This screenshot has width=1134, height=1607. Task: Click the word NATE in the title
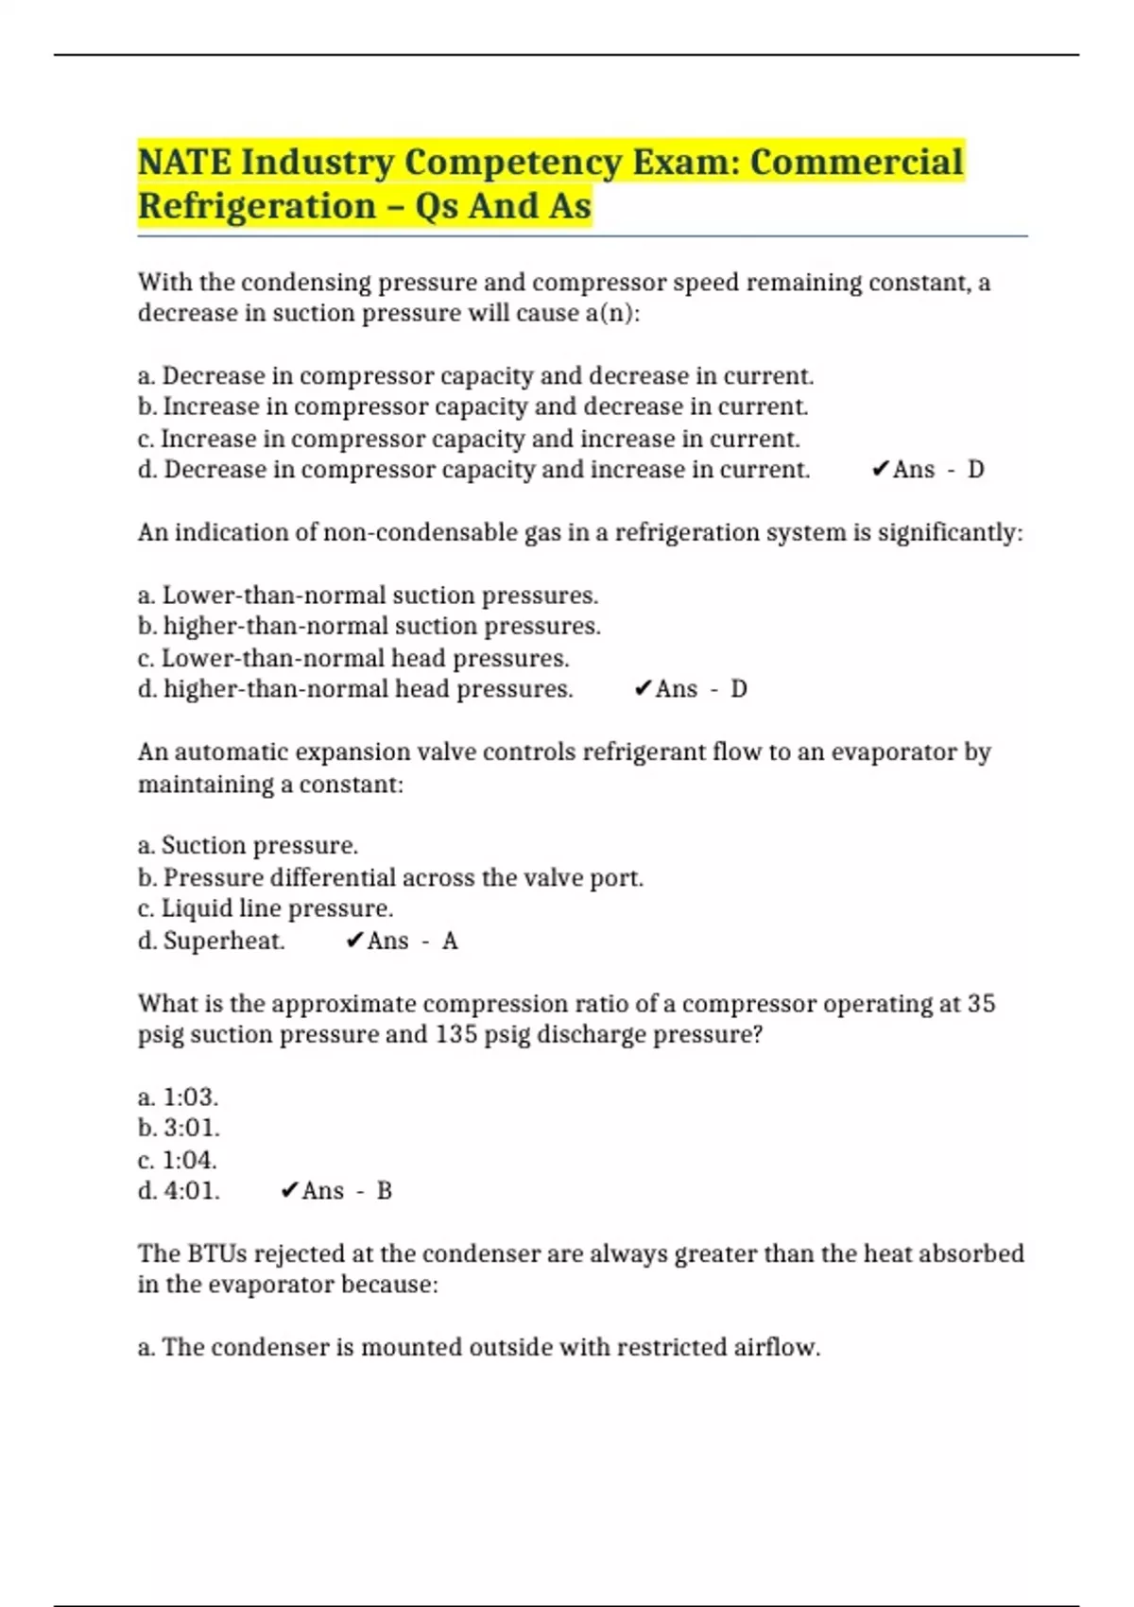point(184,163)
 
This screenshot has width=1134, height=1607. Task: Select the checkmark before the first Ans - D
point(880,470)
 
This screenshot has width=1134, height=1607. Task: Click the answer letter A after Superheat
point(450,942)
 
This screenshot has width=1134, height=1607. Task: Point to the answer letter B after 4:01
point(384,1191)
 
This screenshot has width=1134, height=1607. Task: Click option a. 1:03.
point(179,1097)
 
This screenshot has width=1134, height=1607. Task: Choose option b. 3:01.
point(179,1129)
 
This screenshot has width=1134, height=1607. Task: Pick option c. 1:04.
point(178,1160)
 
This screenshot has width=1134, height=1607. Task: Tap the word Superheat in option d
point(223,942)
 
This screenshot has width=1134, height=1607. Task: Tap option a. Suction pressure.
point(248,845)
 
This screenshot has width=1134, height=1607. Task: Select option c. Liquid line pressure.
point(265,909)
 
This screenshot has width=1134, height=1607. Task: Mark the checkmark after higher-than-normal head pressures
point(643,689)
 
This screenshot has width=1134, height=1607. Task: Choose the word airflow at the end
point(776,1347)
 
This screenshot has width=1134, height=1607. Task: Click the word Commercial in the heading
point(856,163)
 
